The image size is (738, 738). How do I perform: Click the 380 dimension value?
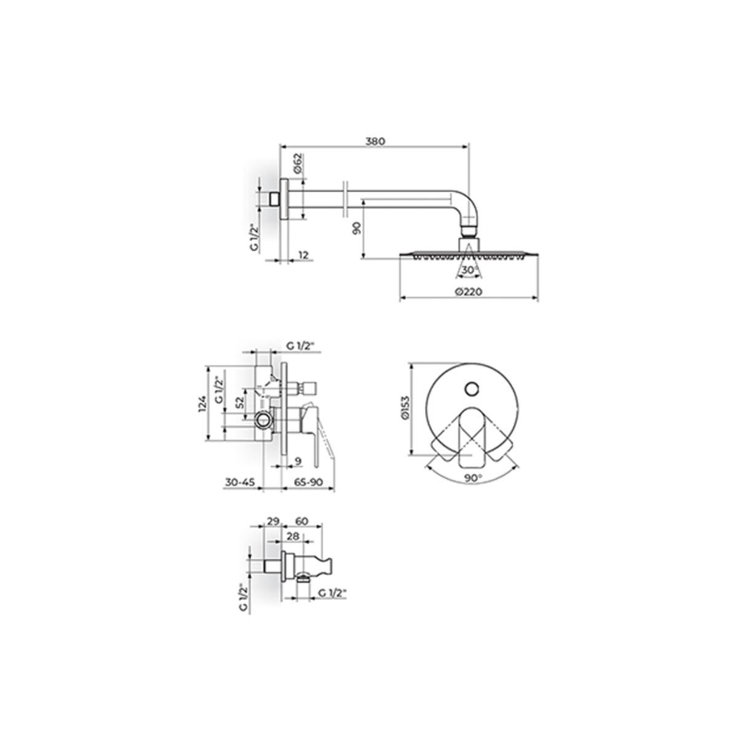click(x=375, y=141)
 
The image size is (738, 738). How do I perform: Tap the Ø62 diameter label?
click(x=298, y=164)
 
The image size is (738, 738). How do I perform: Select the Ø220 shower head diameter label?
click(x=469, y=292)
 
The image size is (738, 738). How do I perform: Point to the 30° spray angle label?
click(x=469, y=269)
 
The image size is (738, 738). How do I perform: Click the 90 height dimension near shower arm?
click(x=357, y=229)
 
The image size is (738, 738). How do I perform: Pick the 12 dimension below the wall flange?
click(x=303, y=255)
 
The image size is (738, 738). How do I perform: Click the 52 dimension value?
click(x=240, y=402)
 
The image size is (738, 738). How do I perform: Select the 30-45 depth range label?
click(x=240, y=482)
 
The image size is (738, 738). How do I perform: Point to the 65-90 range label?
click(x=309, y=482)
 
